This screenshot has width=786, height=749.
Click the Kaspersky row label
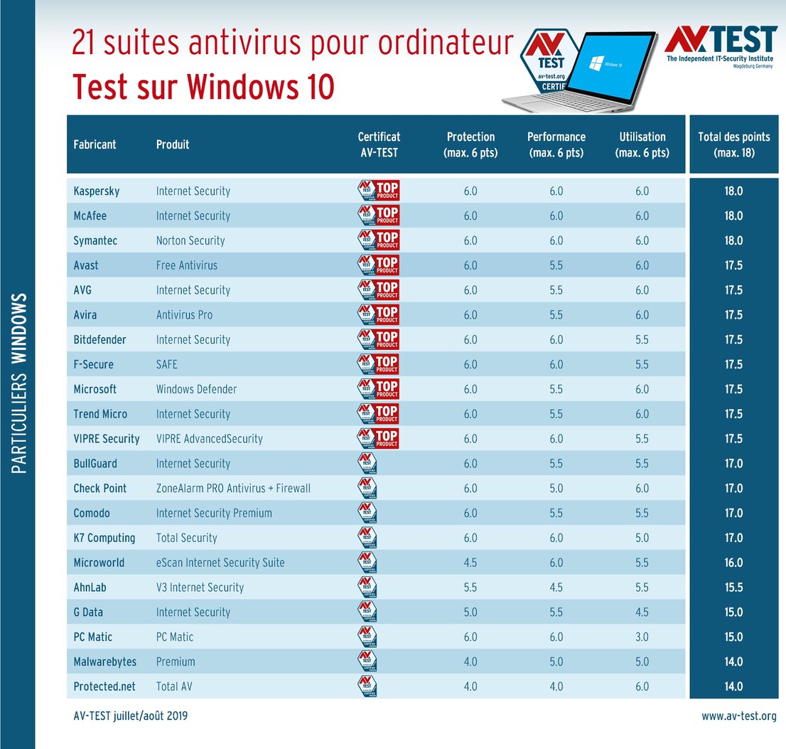tap(96, 191)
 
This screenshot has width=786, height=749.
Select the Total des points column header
tap(734, 144)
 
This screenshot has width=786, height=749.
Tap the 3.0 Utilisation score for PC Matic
tap(642, 637)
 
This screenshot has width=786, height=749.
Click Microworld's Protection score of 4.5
tap(470, 563)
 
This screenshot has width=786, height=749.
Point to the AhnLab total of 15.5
tap(733, 588)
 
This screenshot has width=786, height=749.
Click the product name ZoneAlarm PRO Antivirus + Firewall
tap(233, 488)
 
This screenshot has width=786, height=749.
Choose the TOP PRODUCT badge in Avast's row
tap(378, 265)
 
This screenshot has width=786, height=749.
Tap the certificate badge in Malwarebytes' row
tap(367, 662)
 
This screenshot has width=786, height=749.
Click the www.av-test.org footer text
tap(738, 716)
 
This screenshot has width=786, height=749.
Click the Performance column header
tap(556, 144)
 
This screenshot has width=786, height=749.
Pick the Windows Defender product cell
tap(196, 389)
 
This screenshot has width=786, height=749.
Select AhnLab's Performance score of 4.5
tap(556, 588)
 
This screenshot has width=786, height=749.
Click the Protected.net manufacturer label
tap(104, 686)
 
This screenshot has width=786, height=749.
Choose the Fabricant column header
tap(95, 144)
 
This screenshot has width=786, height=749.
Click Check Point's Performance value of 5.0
tap(556, 488)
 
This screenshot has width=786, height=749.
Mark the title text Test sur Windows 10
tap(203, 87)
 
